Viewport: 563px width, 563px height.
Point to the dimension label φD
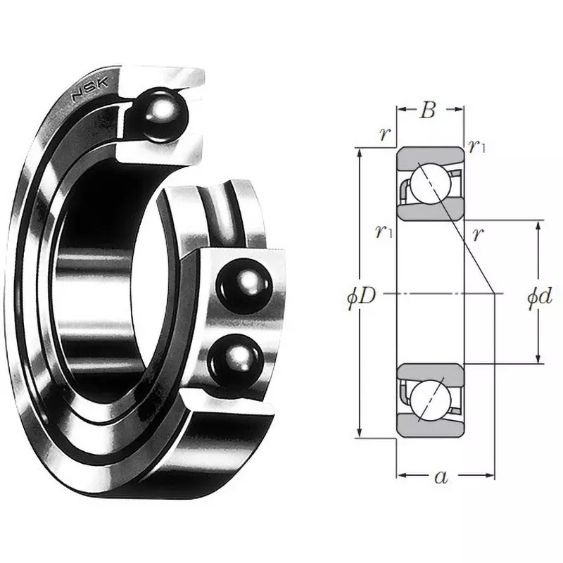click(x=362, y=296)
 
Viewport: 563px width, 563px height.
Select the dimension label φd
click(x=539, y=296)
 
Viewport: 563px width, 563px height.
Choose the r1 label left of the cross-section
click(x=384, y=230)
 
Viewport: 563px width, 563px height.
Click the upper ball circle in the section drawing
click(x=430, y=182)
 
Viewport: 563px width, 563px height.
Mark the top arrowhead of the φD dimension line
click(x=361, y=153)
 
